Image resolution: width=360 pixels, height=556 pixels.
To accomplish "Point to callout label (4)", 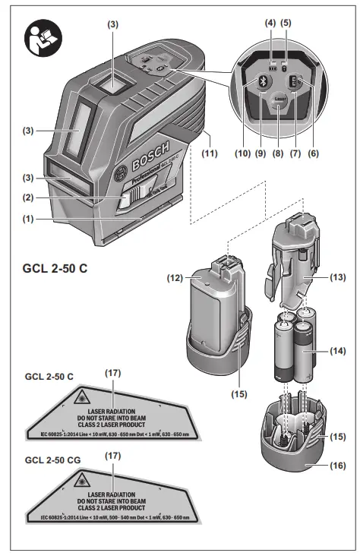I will coord(270,23).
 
